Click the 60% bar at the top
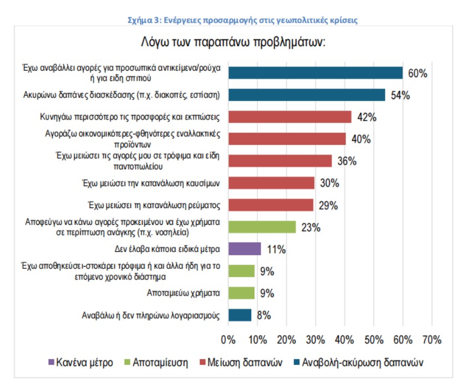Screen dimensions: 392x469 (316, 73)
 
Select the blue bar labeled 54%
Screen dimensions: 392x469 (307, 95)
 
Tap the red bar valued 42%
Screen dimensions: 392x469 (290, 117)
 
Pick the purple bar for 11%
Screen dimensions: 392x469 (244, 249)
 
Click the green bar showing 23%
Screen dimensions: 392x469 (262, 227)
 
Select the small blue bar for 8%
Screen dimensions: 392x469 (240, 315)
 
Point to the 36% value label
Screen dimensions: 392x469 (347, 161)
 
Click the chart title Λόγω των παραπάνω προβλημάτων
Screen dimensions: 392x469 (233, 41)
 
